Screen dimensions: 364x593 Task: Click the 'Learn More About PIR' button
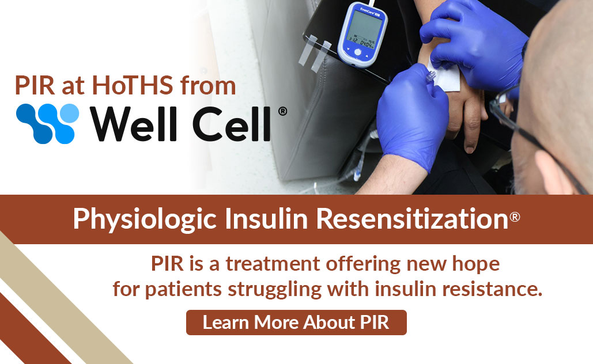tap(296, 323)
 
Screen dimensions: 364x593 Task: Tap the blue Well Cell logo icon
tap(47, 123)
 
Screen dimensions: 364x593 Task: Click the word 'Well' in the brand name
tap(133, 123)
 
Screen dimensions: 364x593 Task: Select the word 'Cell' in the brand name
tap(230, 123)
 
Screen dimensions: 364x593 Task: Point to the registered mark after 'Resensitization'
tap(515, 217)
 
